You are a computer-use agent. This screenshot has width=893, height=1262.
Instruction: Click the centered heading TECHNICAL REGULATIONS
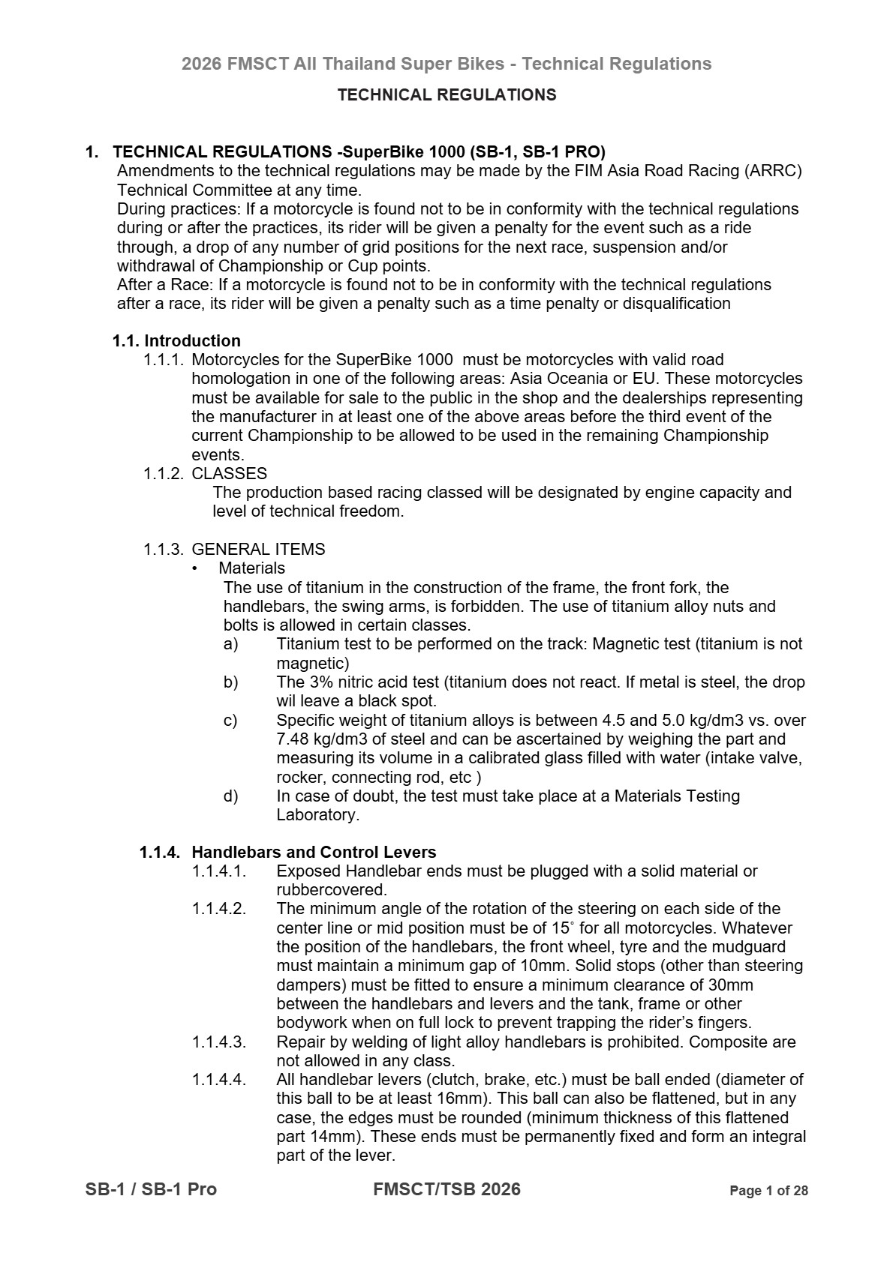[446, 95]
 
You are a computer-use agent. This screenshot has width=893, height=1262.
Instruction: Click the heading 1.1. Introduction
[176, 341]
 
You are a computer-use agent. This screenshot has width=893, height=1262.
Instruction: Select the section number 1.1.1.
[163, 360]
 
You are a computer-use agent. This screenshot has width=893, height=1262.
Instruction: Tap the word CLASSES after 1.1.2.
[229, 474]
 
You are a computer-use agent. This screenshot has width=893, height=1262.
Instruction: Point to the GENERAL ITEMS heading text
[258, 550]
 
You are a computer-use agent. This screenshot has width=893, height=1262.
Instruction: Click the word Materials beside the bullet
[251, 568]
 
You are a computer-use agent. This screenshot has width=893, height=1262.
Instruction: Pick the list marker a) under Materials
[230, 644]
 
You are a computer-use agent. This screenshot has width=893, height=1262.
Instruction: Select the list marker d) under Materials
[230, 796]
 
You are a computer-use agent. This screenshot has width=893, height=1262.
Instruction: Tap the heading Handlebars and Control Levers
[314, 853]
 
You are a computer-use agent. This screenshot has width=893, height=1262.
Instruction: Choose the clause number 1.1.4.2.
[218, 910]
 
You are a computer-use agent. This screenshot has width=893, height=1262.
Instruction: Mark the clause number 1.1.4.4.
[218, 1080]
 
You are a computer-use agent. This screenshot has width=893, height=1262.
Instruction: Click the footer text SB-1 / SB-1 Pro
[151, 1189]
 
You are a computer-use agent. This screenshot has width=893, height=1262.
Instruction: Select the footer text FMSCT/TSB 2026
[446, 1189]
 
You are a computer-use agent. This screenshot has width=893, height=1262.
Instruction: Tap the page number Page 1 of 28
[768, 1191]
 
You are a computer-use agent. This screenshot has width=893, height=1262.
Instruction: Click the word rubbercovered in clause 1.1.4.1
[331, 891]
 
